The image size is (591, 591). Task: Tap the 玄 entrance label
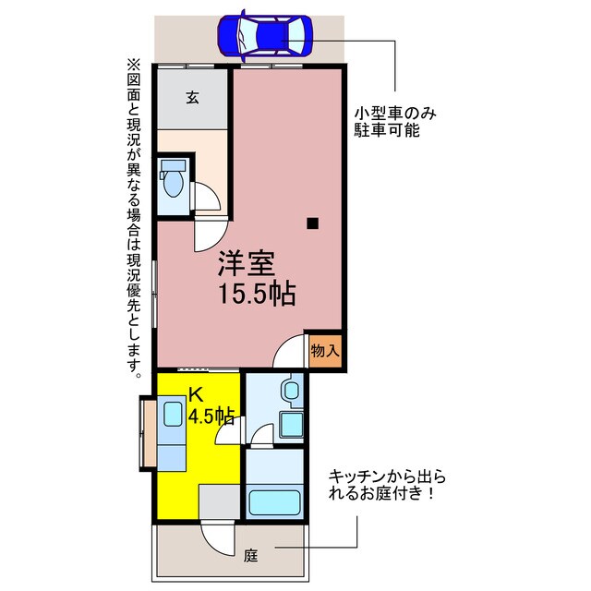click(x=192, y=98)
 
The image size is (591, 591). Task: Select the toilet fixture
click(x=172, y=180)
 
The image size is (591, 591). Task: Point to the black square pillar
click(x=313, y=222)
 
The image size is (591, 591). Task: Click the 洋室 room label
click(x=245, y=265)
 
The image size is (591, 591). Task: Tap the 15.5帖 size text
click(x=257, y=295)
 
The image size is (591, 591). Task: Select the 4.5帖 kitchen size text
click(x=211, y=416)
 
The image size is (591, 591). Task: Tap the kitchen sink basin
click(x=173, y=413)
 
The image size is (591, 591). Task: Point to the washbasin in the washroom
click(x=292, y=392)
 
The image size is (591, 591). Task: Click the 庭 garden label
click(x=250, y=556)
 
